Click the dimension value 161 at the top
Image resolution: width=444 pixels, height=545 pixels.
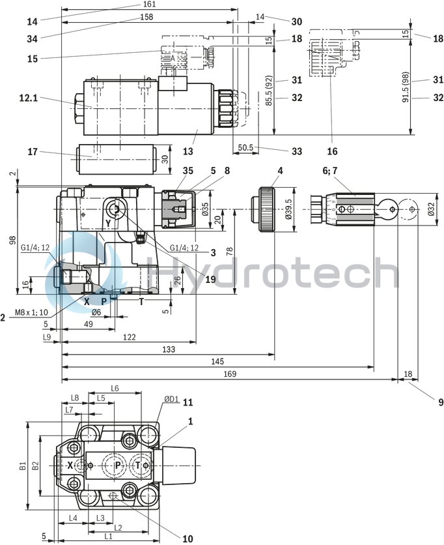pos(150,5)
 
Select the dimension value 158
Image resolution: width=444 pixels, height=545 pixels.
pos(147,17)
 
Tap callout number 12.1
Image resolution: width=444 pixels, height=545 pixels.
pos(29,98)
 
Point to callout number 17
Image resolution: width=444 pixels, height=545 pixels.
pos(33,152)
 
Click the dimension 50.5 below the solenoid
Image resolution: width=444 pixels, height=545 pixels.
pos(245,148)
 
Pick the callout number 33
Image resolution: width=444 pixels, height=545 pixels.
pos(297,151)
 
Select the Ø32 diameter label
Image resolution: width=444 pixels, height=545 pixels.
pos(430,209)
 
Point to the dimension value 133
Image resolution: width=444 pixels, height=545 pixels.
pos(168,350)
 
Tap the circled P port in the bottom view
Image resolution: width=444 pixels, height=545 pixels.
pos(117,465)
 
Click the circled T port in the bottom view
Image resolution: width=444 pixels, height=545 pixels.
pos(137,465)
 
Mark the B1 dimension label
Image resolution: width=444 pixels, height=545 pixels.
pos(23,465)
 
